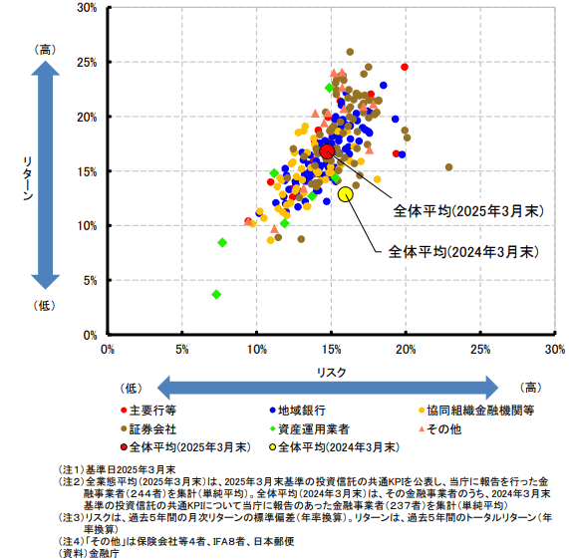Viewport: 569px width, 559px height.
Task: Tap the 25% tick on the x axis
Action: point(480,349)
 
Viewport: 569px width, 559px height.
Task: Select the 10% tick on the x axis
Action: point(257,349)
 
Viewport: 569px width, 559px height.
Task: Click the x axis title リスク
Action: point(331,369)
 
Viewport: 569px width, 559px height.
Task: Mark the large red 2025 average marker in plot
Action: point(328,150)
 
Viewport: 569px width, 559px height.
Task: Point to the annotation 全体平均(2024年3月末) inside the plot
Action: point(463,251)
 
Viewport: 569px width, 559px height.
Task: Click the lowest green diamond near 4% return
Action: point(216,294)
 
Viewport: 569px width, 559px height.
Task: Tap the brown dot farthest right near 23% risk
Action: point(448,167)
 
